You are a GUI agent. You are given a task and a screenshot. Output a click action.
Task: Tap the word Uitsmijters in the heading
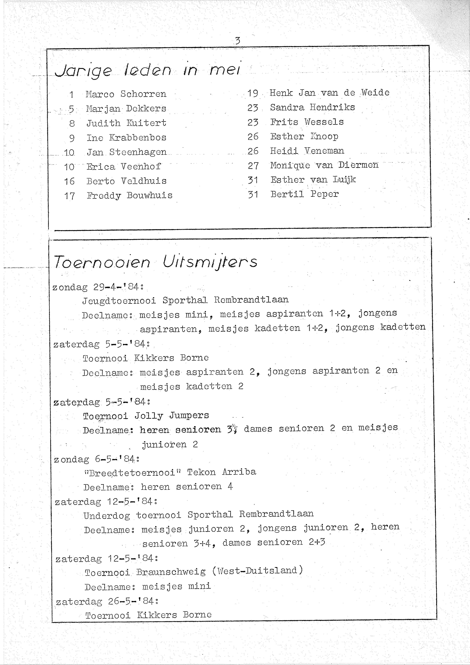(210, 262)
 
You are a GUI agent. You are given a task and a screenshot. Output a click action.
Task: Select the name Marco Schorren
(126, 94)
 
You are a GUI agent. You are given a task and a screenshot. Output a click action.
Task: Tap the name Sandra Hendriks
(312, 107)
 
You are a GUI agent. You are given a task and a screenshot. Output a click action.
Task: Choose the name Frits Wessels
(307, 122)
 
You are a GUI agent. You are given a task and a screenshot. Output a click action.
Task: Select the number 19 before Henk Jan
(253, 93)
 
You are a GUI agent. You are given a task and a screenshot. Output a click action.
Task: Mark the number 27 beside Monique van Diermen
(253, 166)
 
